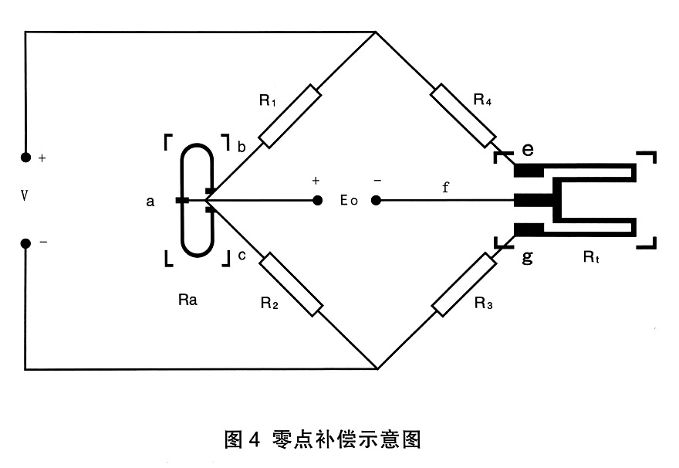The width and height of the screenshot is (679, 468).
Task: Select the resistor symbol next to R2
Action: click(x=290, y=284)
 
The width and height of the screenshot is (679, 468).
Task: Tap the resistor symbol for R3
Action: click(x=464, y=284)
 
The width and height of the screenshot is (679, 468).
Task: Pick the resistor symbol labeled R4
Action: click(x=463, y=115)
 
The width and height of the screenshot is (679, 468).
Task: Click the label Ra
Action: click(x=187, y=300)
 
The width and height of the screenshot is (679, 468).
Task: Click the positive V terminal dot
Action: click(x=25, y=158)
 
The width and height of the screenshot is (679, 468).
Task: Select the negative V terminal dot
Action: click(x=25, y=242)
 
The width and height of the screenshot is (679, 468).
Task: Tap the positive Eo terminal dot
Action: click(x=316, y=201)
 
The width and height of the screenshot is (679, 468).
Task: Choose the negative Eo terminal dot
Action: click(x=376, y=201)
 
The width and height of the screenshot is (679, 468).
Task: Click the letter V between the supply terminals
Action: click(x=25, y=196)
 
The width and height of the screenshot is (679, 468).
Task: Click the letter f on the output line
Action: click(x=445, y=187)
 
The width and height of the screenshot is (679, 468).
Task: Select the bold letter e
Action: click(x=528, y=148)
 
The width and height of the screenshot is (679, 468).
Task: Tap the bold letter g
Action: click(x=528, y=257)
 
